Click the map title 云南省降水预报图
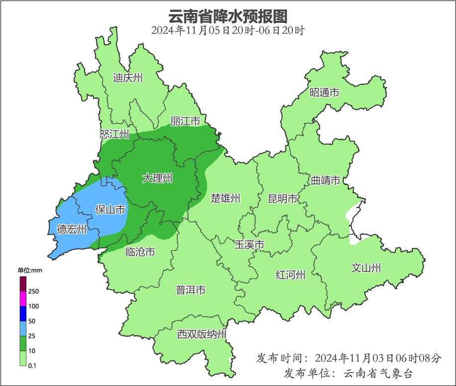pos(228,16)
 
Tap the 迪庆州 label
pos(128,77)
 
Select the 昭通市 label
pos(324,92)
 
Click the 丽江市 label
pos(185,121)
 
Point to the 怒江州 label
pos(114,134)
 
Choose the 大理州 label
pos(157,178)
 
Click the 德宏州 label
pos(72,229)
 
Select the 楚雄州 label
pos(225,198)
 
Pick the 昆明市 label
pos(282,199)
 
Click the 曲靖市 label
pos(326,180)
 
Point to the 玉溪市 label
pos(249,244)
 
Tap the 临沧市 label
pos(140,252)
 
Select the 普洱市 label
pos(191,290)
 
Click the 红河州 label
pos(291,275)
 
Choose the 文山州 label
pos(366,268)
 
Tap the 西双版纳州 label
pos(202,334)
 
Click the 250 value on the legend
pos(34,291)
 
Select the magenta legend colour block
pos(23,299)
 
